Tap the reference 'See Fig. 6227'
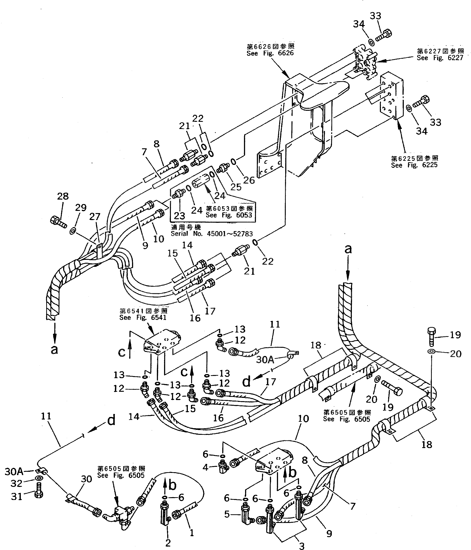coord(440,58)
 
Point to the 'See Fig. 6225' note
coord(414,165)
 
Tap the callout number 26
coord(249,180)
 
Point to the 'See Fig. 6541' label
coord(143,317)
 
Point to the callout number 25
coord(236,187)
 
